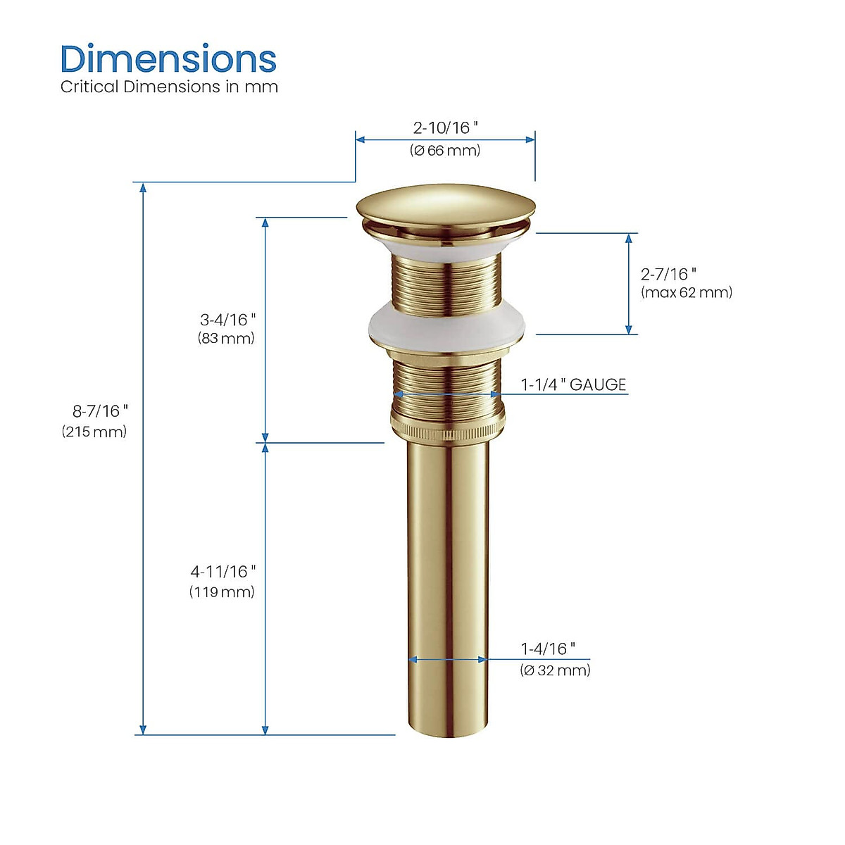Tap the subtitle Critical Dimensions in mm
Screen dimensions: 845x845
[169, 87]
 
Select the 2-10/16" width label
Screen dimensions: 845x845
[445, 127]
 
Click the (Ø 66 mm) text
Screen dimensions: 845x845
[445, 150]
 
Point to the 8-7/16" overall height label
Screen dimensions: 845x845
[101, 411]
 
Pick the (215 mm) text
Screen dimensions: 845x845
[94, 432]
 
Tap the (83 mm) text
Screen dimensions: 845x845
[226, 338]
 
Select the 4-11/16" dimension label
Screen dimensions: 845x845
[223, 571]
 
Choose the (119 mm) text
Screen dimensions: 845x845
[222, 591]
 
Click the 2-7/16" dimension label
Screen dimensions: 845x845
[668, 274]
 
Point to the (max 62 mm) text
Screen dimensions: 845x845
[687, 292]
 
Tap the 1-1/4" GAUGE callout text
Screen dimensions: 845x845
[573, 384]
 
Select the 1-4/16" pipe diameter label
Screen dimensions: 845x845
[548, 649]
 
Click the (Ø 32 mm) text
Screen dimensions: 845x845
[555, 670]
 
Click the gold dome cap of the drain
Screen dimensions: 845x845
[445, 204]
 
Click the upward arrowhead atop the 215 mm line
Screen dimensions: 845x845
[143, 187]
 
